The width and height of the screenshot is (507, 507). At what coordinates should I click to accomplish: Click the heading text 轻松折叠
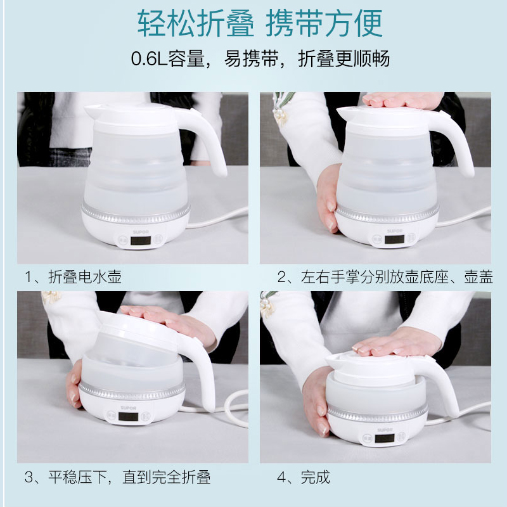pos(196,23)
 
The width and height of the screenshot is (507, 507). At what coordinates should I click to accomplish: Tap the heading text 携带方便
pos(324,23)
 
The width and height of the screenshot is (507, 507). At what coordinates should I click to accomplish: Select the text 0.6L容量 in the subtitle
pos(168,58)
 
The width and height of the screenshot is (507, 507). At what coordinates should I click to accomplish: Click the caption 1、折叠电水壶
pos(73,277)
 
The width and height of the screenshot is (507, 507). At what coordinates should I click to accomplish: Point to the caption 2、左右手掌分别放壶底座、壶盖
pos(385,277)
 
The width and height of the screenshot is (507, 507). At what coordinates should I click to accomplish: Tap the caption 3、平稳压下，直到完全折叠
pos(117,477)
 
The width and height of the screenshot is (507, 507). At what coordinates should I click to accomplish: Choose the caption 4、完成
pos(304,477)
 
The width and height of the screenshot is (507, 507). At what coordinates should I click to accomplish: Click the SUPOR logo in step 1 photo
pos(141,232)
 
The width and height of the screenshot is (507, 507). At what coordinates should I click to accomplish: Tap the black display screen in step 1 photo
pos(141,241)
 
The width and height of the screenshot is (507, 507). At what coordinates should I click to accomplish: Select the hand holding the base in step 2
pos(328,197)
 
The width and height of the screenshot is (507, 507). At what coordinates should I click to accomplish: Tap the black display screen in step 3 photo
pos(129,416)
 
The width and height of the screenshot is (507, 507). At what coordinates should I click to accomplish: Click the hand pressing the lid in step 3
pos(171,322)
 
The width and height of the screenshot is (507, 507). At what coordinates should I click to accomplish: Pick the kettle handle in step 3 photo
pos(200,369)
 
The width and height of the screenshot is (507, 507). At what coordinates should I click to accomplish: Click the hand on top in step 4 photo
pos(398,344)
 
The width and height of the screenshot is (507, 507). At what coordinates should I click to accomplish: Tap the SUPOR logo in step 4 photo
pos(385,430)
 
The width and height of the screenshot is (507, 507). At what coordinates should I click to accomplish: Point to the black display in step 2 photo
pos(394,240)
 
